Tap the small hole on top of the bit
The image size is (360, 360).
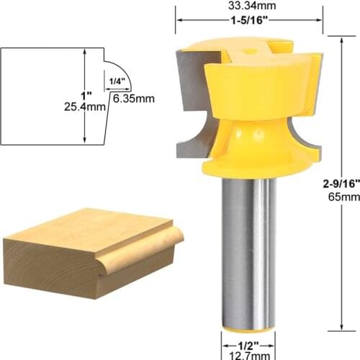pos(248,52)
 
